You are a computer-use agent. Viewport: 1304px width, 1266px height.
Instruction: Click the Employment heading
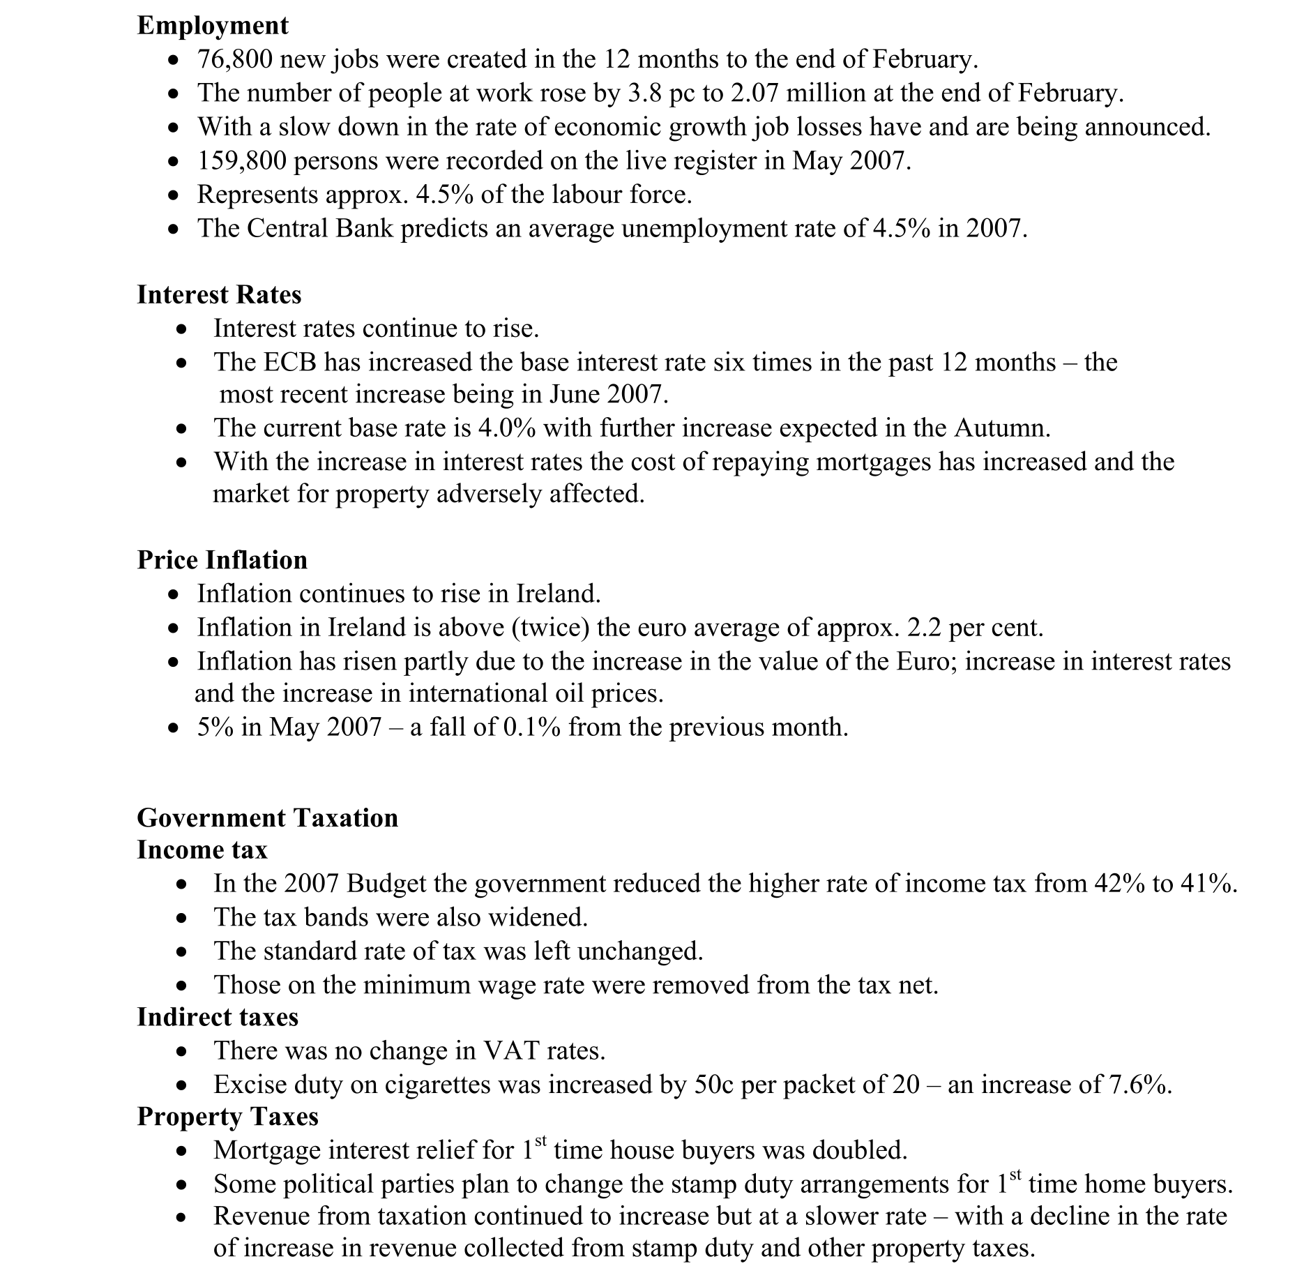tap(212, 26)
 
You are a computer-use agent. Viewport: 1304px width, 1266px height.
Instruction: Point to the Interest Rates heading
tap(219, 295)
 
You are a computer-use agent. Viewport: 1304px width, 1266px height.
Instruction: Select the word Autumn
tap(1001, 428)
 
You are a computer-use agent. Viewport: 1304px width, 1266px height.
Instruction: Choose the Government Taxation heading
tap(267, 818)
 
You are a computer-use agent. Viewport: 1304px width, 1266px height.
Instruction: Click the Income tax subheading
tap(202, 850)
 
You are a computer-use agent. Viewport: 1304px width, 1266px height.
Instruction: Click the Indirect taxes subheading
tap(218, 1018)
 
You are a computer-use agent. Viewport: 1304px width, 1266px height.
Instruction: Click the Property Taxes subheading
tap(227, 1117)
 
